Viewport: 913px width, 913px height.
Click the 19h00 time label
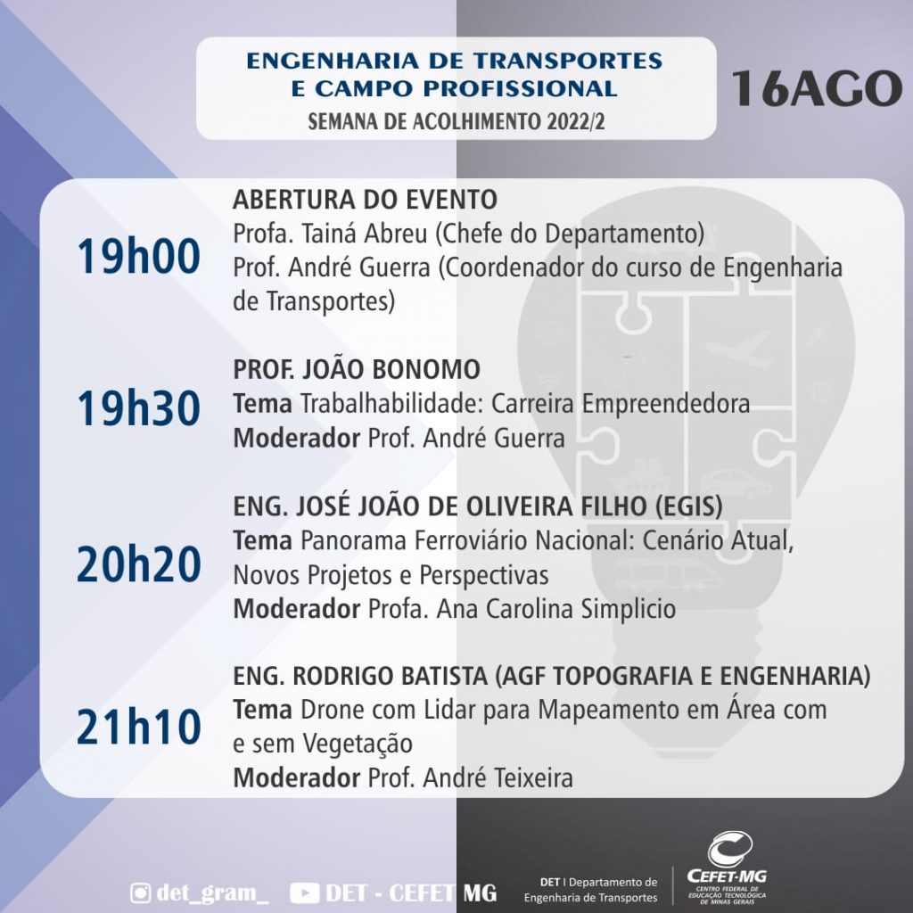click(x=138, y=257)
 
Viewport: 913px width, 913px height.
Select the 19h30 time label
click(x=138, y=408)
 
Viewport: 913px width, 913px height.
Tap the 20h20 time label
click(x=138, y=564)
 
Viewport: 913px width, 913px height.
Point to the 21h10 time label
click(x=138, y=728)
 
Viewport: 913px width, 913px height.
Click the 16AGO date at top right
click(x=817, y=88)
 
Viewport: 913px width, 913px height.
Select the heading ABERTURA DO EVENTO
click(x=365, y=200)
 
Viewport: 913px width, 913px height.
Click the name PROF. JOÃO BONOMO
click(x=357, y=369)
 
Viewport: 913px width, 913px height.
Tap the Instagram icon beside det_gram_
click(x=140, y=892)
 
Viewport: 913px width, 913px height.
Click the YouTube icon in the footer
click(x=305, y=893)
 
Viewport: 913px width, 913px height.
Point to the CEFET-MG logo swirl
click(x=729, y=849)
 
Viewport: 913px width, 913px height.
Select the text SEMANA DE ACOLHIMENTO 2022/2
click(x=456, y=121)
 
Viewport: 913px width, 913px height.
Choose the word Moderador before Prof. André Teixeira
click(x=296, y=777)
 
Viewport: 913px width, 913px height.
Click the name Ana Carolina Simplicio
click(x=556, y=609)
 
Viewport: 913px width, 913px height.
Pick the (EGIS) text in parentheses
click(x=689, y=506)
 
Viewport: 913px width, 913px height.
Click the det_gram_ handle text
click(x=212, y=892)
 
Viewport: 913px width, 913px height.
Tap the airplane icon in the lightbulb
click(x=737, y=346)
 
